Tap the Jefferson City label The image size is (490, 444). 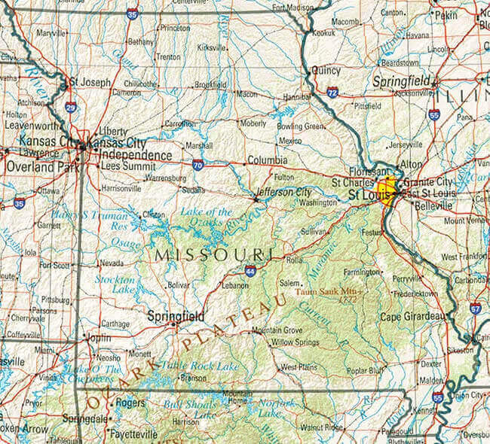283,191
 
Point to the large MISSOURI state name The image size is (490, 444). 214,254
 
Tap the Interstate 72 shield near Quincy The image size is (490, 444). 332,93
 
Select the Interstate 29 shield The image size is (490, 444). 70,107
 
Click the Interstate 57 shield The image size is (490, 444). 475,307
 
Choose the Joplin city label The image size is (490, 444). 100,338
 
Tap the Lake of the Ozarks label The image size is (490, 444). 206,217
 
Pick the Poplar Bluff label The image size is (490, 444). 365,370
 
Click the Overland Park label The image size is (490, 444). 42,169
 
